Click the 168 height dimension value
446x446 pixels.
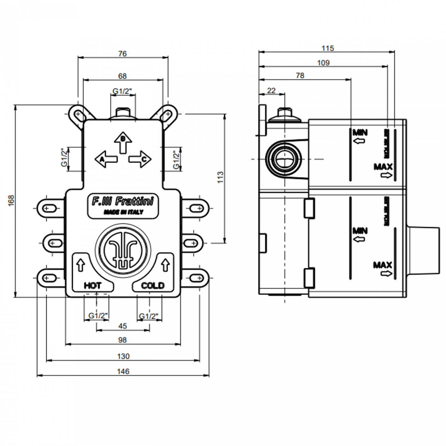tap(11, 200)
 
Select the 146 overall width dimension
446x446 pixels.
tap(123, 371)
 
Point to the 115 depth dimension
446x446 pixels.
tap(327, 48)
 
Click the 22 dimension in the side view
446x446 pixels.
tap(271, 91)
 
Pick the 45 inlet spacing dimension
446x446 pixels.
tap(122, 326)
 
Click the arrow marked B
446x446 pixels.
tap(123, 142)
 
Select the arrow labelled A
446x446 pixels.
tap(105, 159)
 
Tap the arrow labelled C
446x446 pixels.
tap(141, 159)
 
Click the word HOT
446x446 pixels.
tap(93, 285)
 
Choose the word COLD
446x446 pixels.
tap(153, 285)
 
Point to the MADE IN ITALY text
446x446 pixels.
tap(123, 212)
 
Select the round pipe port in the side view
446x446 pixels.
tap(283, 159)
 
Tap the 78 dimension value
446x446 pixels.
tap(300, 75)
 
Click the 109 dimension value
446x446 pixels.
tap(323, 63)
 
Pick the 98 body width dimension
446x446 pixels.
tap(122, 340)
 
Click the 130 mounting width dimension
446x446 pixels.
tap(123, 356)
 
